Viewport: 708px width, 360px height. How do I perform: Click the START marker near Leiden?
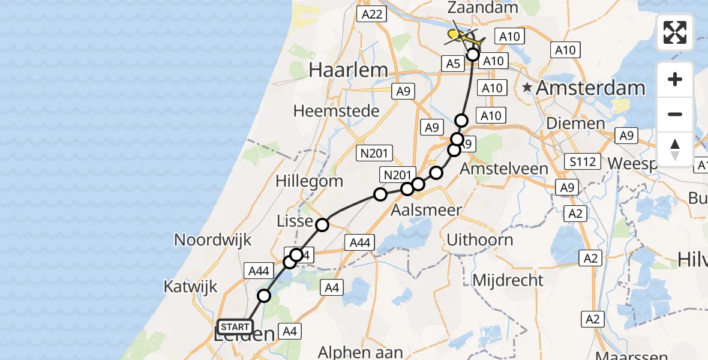click(235, 327)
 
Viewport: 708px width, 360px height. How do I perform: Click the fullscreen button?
click(675, 32)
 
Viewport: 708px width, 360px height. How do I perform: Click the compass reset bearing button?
click(675, 149)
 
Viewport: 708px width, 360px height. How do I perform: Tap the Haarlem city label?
click(348, 70)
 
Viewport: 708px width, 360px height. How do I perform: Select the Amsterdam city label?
click(590, 88)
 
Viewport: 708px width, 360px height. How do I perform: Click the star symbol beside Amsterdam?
click(527, 88)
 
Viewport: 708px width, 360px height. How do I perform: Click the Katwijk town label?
click(190, 286)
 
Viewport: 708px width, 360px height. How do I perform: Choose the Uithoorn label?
click(479, 240)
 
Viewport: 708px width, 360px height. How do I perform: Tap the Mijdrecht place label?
click(508, 280)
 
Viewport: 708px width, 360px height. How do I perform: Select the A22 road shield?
click(370, 15)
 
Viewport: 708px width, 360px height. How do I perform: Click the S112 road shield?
click(583, 161)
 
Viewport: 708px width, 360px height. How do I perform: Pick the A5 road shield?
click(452, 64)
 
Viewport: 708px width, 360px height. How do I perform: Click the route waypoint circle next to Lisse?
click(322, 225)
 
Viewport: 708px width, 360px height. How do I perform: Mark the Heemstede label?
click(337, 111)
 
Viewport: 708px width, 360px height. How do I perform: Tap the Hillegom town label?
click(309, 181)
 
